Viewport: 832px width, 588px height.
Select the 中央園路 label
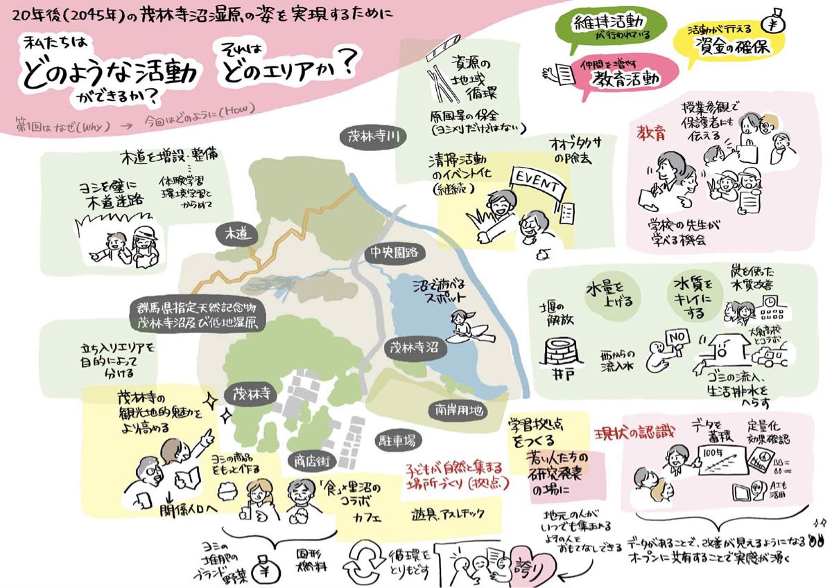(393, 253)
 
